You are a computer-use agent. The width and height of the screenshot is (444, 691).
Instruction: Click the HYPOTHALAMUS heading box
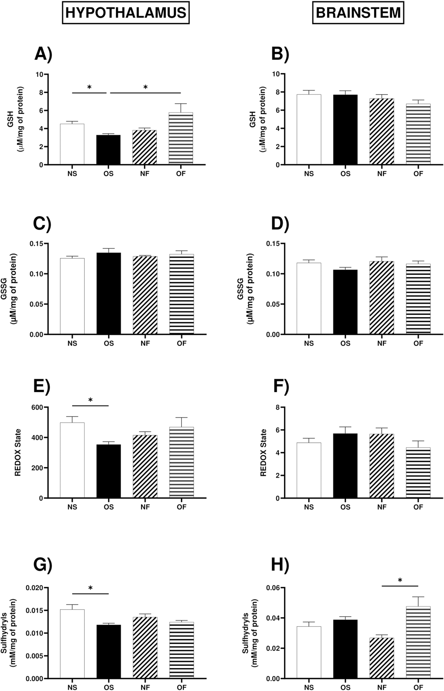[x=126, y=13]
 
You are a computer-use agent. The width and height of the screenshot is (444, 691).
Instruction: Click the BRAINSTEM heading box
[x=358, y=13]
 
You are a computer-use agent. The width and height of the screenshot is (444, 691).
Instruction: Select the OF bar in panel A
[x=181, y=138]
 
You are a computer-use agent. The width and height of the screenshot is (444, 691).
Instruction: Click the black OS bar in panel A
[x=108, y=150]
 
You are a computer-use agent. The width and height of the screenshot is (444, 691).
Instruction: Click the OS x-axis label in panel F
[x=345, y=507]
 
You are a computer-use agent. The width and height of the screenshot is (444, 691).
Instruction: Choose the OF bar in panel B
[x=418, y=134]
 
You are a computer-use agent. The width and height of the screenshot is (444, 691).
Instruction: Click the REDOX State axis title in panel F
[x=263, y=452]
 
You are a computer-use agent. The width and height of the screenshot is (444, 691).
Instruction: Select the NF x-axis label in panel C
[x=145, y=343]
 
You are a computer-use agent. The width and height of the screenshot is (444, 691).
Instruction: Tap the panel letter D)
[x=280, y=224]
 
